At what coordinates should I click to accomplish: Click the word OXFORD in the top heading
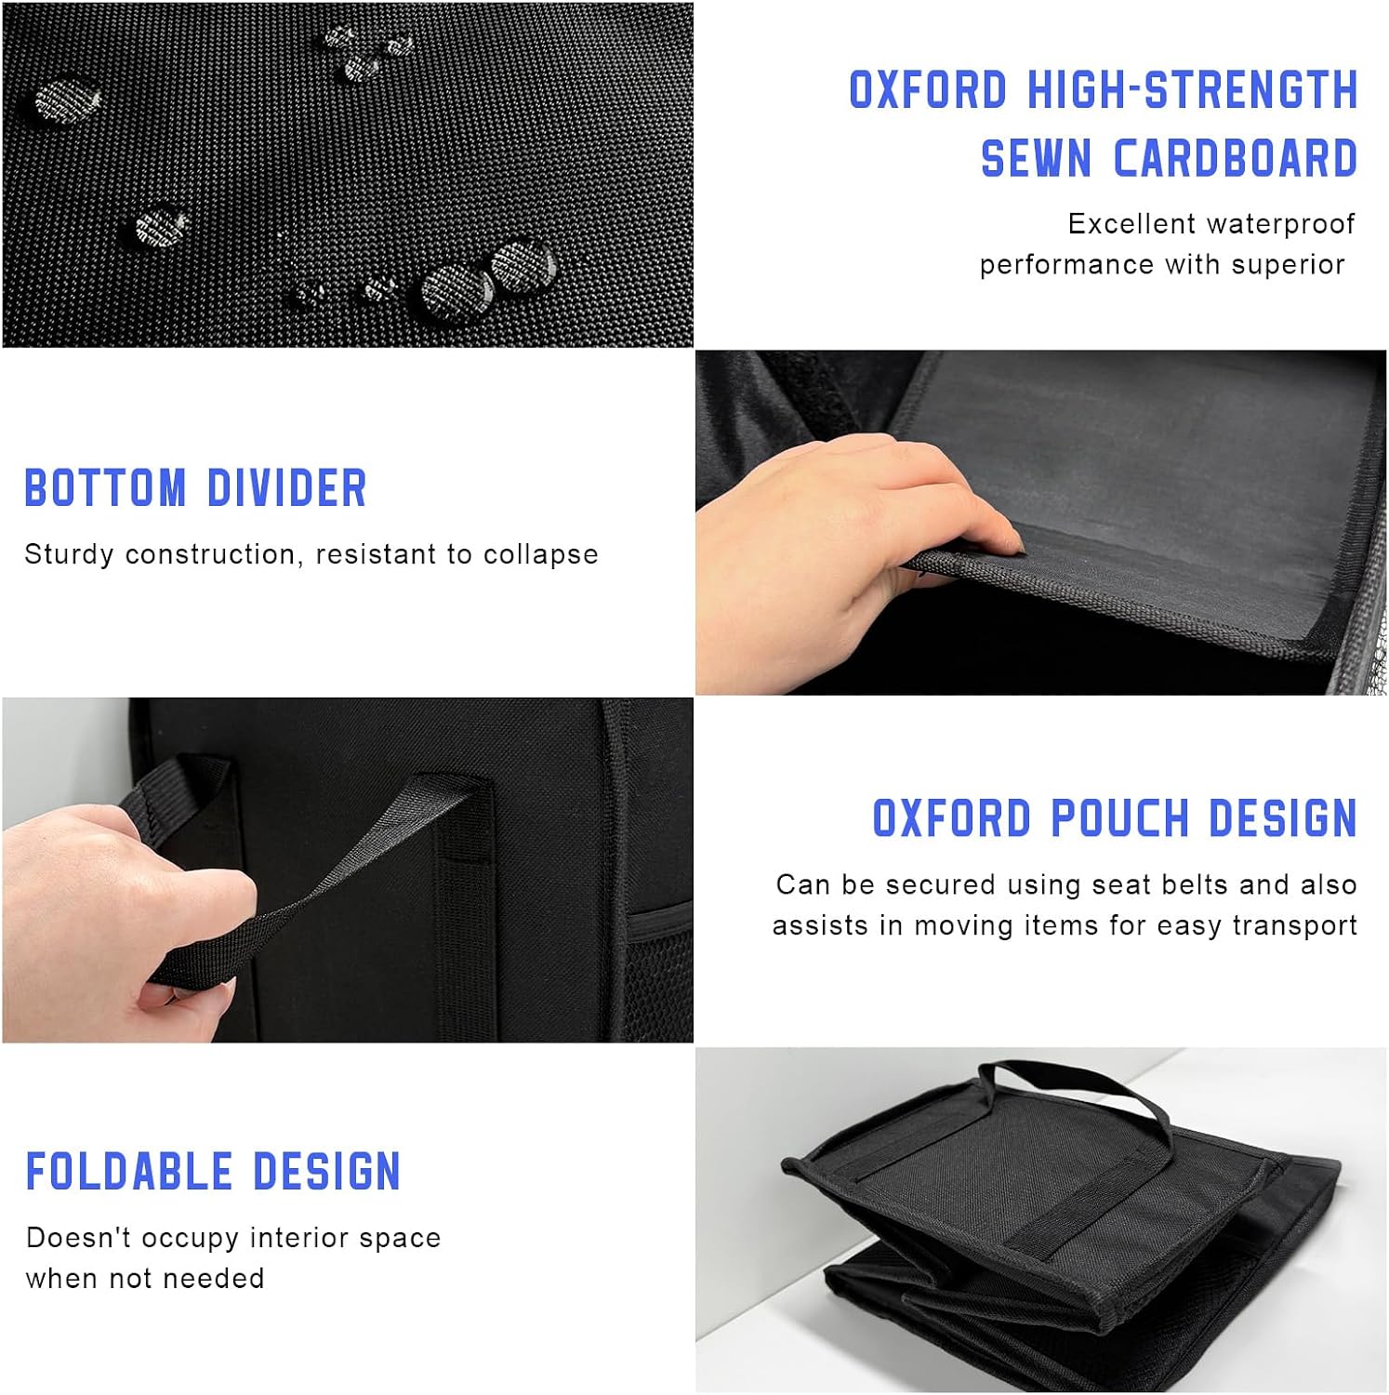[928, 90]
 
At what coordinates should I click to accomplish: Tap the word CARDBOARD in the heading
[1236, 158]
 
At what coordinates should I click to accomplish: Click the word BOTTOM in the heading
[105, 488]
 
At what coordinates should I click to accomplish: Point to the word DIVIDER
[287, 488]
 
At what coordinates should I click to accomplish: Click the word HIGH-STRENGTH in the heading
[1193, 90]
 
